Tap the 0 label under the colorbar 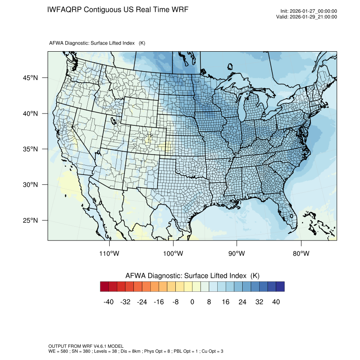[192, 302]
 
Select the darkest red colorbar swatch [105, 287]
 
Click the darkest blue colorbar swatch [280, 287]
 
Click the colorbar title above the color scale [192, 276]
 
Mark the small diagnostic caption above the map [97, 43]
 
